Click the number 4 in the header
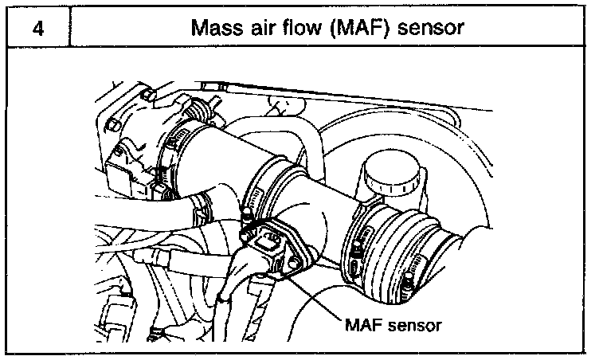pyautogui.click(x=37, y=29)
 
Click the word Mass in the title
pyautogui.click(x=215, y=29)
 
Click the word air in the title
pyautogui.click(x=257, y=29)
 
